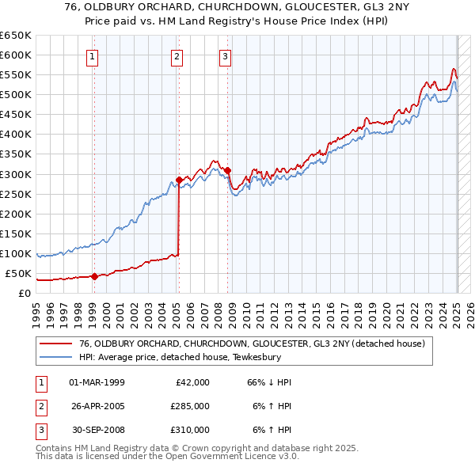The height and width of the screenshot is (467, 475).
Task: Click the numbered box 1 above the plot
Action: click(x=93, y=56)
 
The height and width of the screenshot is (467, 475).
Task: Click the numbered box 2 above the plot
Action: click(x=177, y=56)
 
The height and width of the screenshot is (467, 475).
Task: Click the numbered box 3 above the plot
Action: click(x=226, y=56)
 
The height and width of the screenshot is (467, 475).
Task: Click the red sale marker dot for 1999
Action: click(x=94, y=276)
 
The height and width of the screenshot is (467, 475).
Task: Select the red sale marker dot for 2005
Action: click(x=179, y=180)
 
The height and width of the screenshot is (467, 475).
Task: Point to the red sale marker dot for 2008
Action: click(x=227, y=170)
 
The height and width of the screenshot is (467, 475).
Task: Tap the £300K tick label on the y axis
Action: click(x=17, y=174)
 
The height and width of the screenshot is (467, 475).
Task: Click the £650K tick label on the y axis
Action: click(x=17, y=36)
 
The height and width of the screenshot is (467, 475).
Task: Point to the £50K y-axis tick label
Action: click(x=19, y=274)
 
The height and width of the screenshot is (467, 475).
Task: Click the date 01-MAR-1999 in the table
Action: click(x=97, y=382)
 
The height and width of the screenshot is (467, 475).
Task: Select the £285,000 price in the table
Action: click(x=190, y=406)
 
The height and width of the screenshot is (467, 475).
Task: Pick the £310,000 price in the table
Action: click(x=190, y=430)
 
